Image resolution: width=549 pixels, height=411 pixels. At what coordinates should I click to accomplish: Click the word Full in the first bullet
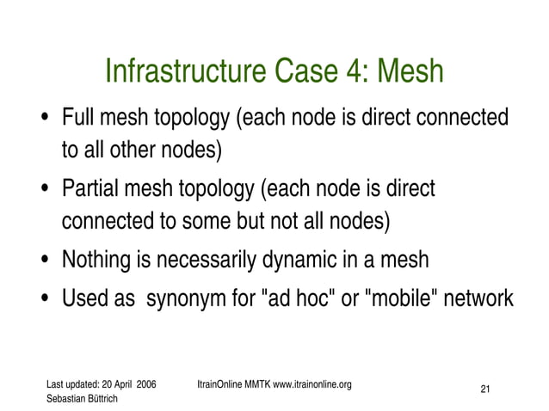[x=76, y=117]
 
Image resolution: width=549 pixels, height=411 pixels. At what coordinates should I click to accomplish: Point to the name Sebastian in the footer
[x=67, y=398]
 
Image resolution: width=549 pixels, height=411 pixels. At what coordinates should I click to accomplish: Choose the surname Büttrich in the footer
[x=106, y=398]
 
